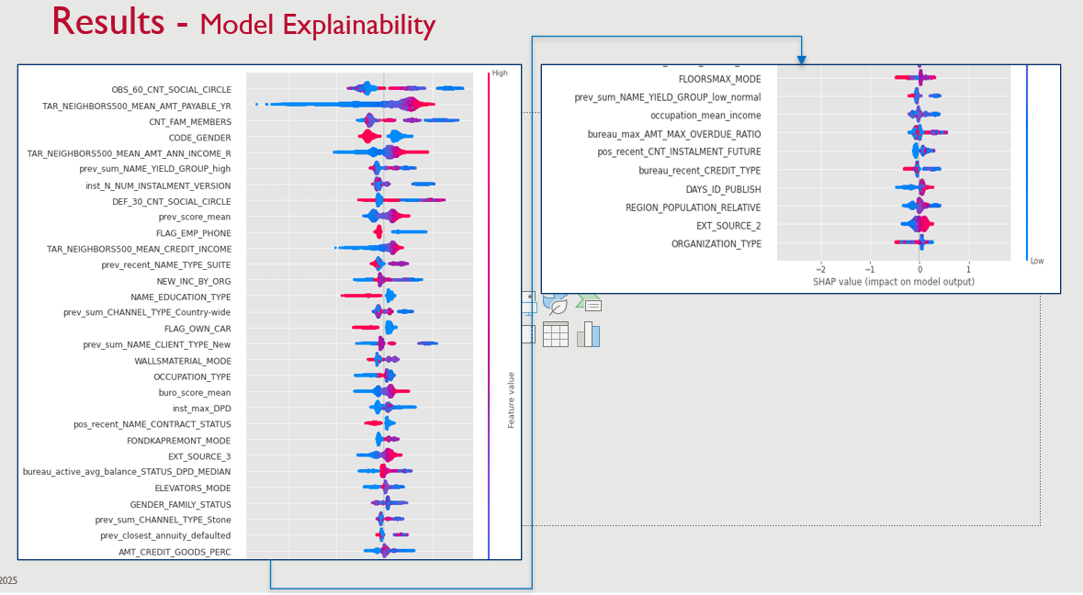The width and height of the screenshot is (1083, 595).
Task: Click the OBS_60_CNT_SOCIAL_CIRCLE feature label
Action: coord(171,90)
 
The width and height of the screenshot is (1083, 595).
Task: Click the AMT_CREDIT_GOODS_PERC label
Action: coord(175,552)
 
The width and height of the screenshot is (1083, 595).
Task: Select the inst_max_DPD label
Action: coord(201,409)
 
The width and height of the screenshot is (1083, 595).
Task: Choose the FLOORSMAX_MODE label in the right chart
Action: coord(719,79)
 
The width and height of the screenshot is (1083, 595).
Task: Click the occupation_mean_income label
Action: coord(705,116)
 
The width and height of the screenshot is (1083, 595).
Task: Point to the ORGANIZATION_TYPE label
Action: coord(716,244)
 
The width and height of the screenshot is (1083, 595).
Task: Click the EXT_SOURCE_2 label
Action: coord(728,226)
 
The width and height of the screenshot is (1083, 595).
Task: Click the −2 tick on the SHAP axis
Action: coord(820,269)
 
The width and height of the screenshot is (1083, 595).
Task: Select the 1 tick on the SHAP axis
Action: coord(968,269)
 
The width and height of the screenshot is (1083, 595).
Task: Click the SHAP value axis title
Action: coord(893,282)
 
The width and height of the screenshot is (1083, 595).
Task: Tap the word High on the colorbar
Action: coord(500,73)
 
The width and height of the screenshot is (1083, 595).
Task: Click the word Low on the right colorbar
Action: coord(1036,261)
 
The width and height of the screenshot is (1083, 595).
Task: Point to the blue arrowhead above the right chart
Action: coord(801,61)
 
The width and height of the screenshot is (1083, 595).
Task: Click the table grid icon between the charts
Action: coord(555,334)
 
